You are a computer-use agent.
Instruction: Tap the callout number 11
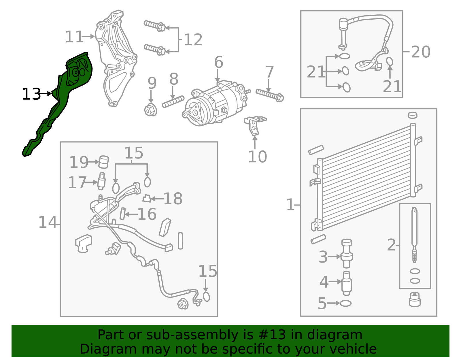click(x=74, y=37)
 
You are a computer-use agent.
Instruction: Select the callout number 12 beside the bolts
click(x=193, y=40)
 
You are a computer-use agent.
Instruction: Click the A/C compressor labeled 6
click(x=214, y=103)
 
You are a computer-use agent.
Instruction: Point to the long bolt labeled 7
click(x=270, y=95)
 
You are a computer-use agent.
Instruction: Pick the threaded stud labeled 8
click(x=173, y=102)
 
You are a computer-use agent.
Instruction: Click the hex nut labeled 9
click(x=150, y=110)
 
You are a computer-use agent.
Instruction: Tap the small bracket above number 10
click(x=255, y=125)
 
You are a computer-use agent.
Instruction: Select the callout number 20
click(x=421, y=52)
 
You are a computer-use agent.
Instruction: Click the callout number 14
click(x=48, y=222)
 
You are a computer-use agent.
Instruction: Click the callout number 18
click(x=173, y=199)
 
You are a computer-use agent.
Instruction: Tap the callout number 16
click(x=147, y=214)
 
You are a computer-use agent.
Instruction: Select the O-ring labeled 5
click(x=345, y=303)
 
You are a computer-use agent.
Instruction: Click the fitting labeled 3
click(x=347, y=254)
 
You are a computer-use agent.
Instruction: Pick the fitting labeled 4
click(x=347, y=283)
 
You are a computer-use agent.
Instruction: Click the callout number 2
click(x=391, y=245)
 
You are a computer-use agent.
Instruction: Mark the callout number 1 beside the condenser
click(x=290, y=205)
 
